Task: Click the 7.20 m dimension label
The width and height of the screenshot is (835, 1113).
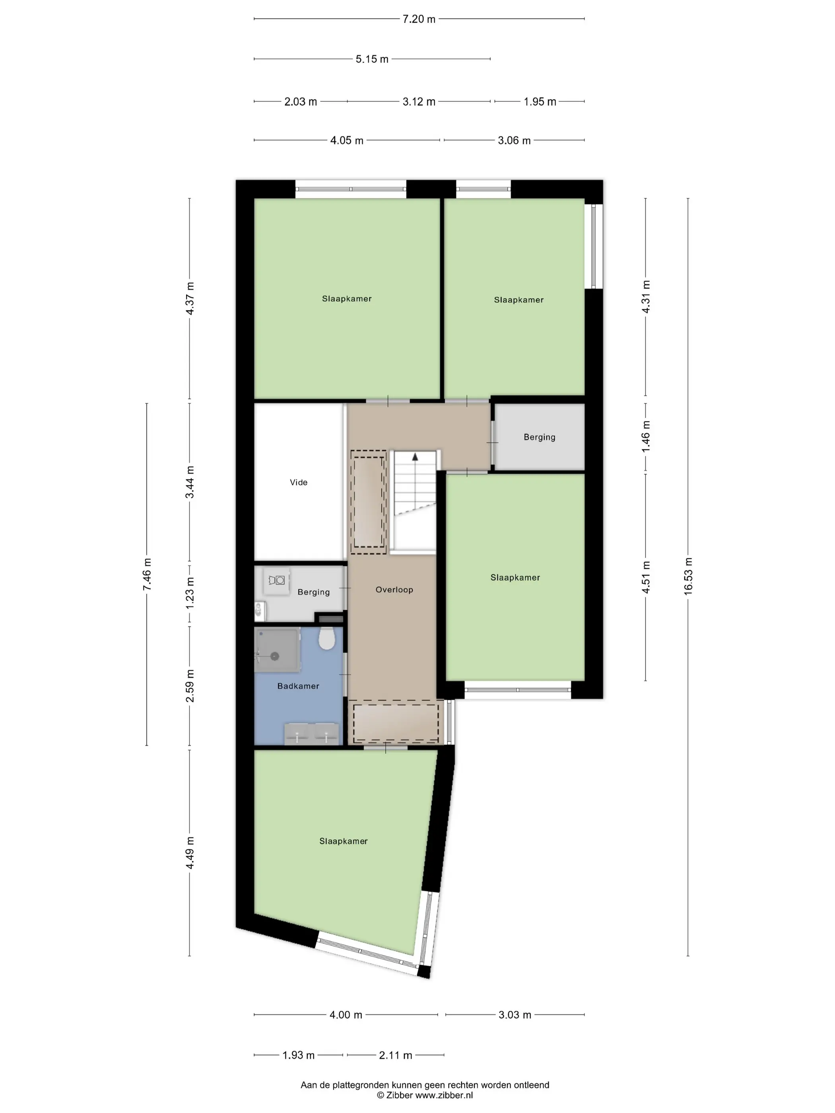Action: pyautogui.click(x=419, y=19)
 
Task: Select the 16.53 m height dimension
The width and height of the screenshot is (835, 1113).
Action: pyautogui.click(x=688, y=577)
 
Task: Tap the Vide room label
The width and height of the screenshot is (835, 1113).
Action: pyautogui.click(x=299, y=482)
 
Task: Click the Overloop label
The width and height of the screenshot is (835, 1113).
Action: pyautogui.click(x=394, y=590)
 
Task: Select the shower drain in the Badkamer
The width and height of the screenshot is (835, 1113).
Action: pyautogui.click(x=275, y=656)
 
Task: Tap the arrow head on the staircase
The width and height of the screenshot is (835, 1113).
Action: pyautogui.click(x=415, y=457)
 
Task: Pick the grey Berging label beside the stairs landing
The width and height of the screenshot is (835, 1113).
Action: pyautogui.click(x=540, y=437)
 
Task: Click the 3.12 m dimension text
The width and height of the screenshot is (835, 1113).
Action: pyautogui.click(x=419, y=102)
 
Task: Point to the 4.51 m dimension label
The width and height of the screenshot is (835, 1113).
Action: pyautogui.click(x=646, y=577)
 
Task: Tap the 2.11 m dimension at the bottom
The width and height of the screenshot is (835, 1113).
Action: pyautogui.click(x=396, y=1055)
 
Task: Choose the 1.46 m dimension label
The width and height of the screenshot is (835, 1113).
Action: pyautogui.click(x=646, y=436)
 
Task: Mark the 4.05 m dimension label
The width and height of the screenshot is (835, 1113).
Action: pyautogui.click(x=347, y=140)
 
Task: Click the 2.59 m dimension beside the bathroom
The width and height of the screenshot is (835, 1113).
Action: pyautogui.click(x=190, y=686)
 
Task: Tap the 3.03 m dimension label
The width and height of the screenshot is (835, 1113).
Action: pyautogui.click(x=515, y=1015)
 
